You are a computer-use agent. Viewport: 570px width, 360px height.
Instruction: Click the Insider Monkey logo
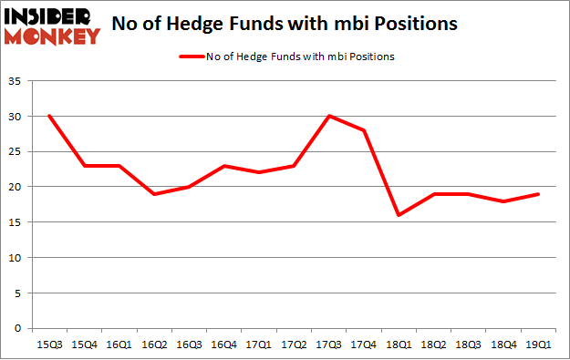tap(52, 26)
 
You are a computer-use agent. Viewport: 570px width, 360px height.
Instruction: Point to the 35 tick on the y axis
tap(17, 81)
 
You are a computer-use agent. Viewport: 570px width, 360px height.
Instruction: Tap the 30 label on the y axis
tap(17, 117)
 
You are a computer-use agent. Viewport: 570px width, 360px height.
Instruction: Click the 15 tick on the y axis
tap(17, 222)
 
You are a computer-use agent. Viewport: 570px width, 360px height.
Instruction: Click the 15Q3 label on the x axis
tap(48, 344)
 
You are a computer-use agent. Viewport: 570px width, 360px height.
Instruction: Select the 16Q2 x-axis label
tap(154, 344)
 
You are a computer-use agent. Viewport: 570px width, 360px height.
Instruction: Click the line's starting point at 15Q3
tap(48, 116)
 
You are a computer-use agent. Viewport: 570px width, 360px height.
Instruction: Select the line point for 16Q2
tap(154, 194)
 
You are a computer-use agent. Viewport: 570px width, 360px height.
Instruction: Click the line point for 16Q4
tap(224, 166)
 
